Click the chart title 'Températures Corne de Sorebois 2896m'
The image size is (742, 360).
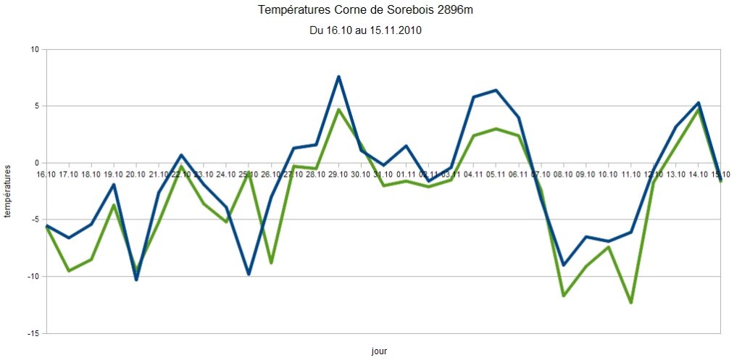click(370, 11)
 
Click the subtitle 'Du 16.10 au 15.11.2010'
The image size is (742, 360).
click(365, 31)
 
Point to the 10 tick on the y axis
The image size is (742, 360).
click(34, 49)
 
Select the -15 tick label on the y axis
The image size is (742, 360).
click(33, 333)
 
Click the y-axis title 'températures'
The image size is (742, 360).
click(9, 191)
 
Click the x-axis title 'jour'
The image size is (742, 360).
click(378, 351)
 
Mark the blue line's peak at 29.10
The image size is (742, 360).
click(338, 76)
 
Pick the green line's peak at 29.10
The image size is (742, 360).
click(338, 109)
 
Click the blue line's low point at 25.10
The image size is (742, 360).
click(249, 274)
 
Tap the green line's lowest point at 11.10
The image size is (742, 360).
click(631, 303)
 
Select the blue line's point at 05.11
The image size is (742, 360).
click(496, 90)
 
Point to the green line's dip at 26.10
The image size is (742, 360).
click(271, 262)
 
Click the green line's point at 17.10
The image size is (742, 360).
click(68, 271)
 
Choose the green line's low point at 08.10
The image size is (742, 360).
click(563, 296)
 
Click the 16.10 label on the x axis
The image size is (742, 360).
click(46, 175)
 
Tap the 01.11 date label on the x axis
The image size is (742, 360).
click(406, 175)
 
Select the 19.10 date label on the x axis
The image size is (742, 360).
click(114, 175)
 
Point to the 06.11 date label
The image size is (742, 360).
click(519, 175)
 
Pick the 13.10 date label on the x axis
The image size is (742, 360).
click(675, 175)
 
